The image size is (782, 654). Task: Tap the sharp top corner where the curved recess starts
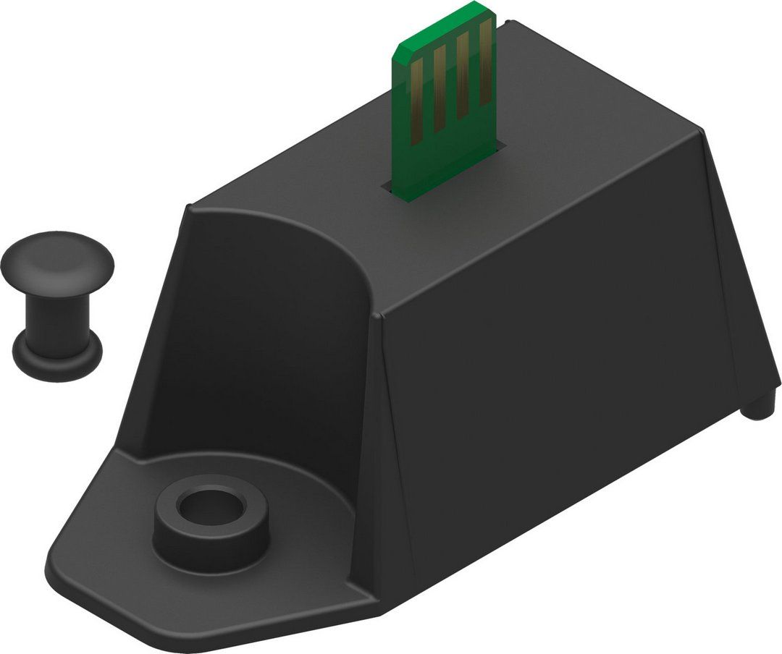[x=187, y=208]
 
